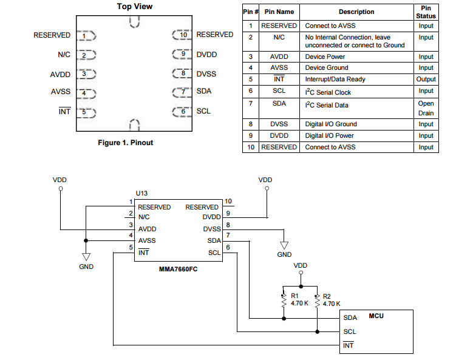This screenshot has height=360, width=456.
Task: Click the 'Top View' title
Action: click(134, 7)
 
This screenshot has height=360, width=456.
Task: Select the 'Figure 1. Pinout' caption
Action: click(126, 143)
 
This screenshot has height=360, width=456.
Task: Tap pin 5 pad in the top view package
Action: click(88, 112)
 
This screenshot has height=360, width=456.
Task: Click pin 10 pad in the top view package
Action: click(182, 35)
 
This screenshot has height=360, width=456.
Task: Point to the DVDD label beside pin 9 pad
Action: click(206, 55)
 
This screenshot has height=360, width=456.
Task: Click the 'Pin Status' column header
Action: click(426, 12)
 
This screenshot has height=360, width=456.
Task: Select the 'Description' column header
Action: click(356, 12)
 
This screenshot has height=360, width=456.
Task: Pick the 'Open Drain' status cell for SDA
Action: click(426, 108)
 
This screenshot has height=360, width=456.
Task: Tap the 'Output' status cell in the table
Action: click(426, 80)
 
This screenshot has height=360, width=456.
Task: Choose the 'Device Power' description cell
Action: click(325, 57)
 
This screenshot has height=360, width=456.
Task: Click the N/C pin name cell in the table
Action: click(279, 38)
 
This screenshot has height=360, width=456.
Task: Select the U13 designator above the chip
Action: click(141, 193)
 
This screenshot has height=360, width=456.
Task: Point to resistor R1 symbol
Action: click(284, 299)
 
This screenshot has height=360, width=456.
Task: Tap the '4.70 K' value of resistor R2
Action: click(332, 304)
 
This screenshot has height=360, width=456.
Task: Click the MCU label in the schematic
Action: click(376, 316)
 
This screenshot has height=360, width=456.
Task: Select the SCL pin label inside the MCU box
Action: click(350, 332)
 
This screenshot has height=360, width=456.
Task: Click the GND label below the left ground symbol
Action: click(86, 267)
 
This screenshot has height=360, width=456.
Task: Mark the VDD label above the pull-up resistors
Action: click(300, 266)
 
